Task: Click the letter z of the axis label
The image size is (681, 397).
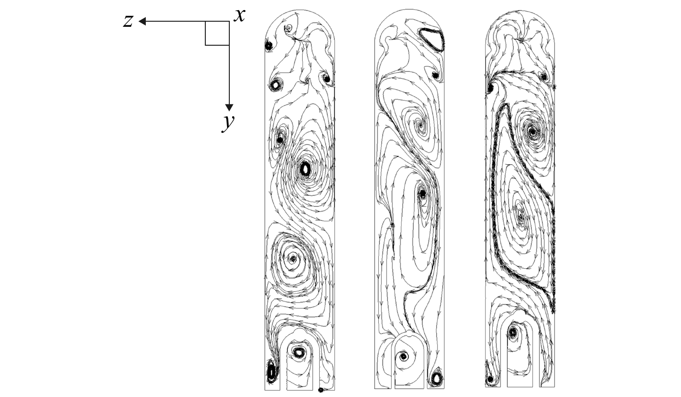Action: click(x=128, y=21)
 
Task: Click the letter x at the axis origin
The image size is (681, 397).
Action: click(x=239, y=15)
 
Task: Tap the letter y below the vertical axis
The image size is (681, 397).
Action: click(x=228, y=124)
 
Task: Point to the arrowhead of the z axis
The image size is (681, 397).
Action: click(x=142, y=21)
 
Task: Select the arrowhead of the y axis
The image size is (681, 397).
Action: click(x=229, y=108)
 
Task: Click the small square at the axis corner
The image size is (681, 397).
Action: click(x=217, y=33)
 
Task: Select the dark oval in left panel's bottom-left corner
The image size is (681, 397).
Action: click(x=59, y=371)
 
